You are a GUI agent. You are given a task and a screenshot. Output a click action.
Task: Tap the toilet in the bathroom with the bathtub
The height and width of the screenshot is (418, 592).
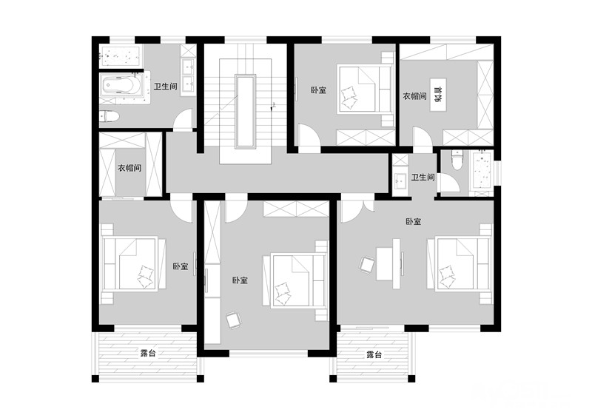click(x=109, y=116)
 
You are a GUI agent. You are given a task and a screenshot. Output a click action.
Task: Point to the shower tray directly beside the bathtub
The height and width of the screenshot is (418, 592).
click(x=121, y=56)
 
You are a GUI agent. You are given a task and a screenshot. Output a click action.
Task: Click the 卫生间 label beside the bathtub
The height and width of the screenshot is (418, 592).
click(x=165, y=87)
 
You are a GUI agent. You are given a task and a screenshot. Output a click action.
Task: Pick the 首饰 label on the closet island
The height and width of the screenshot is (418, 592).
click(x=438, y=95)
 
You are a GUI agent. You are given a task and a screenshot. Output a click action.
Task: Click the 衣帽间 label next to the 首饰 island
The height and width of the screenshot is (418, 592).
click(x=414, y=96)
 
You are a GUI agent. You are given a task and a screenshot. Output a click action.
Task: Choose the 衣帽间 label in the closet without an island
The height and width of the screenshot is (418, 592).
click(x=129, y=168)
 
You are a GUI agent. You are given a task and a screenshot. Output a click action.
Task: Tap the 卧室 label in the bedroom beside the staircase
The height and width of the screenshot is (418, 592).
click(x=318, y=90)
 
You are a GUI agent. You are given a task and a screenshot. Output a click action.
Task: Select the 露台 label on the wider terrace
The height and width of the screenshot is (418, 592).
click(x=147, y=354)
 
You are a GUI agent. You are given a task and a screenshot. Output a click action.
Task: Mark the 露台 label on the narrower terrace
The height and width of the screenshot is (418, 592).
click(x=374, y=354)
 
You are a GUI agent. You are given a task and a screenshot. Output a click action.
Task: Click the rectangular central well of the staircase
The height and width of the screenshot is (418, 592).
click(x=246, y=111)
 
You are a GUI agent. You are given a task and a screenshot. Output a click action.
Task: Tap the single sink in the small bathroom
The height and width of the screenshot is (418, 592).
click(x=400, y=181)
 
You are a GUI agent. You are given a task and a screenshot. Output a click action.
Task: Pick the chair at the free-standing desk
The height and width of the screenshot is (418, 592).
click(x=366, y=264)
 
